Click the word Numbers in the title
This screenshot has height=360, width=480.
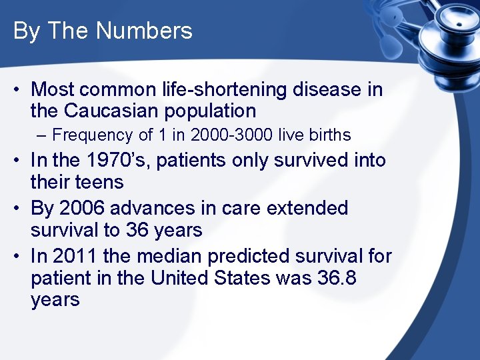144,31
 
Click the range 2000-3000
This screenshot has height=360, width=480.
230,135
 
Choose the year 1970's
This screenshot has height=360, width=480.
105,161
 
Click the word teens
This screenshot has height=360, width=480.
100,183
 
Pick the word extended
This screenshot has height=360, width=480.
307,208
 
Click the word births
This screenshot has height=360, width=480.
331,135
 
